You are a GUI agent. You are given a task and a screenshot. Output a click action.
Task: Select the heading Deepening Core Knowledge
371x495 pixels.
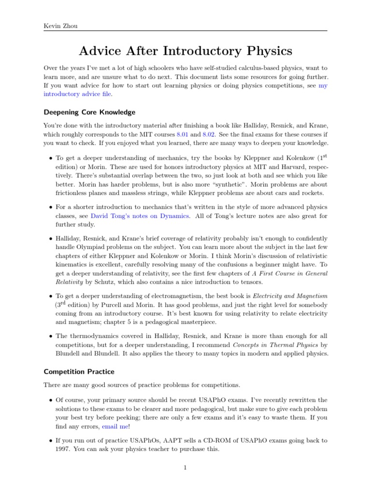(x=89, y=112)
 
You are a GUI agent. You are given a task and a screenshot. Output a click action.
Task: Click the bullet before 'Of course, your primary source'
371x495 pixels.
(x=51, y=400)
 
